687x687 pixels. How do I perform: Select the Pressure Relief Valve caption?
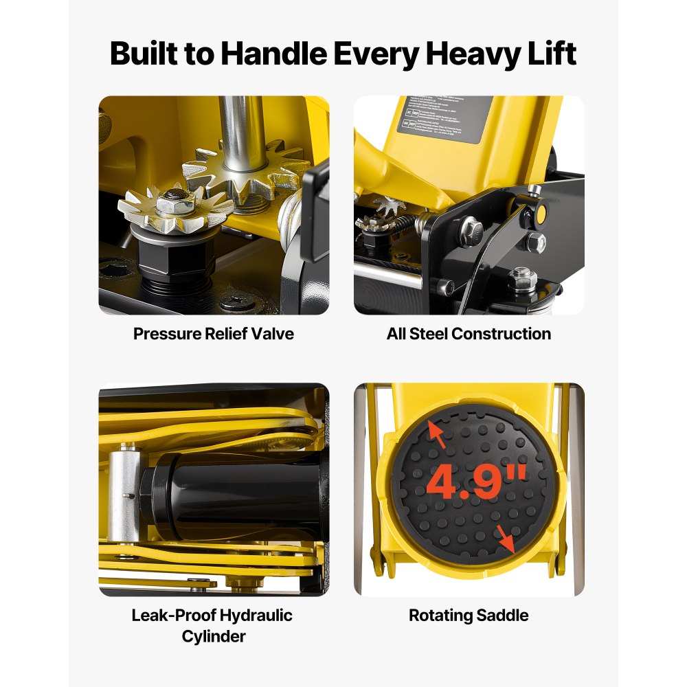pyautogui.click(x=214, y=334)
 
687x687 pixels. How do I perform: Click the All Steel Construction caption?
pyautogui.click(x=469, y=334)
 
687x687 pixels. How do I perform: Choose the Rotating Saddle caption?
pyautogui.click(x=469, y=615)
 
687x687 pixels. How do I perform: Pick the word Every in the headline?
pyautogui.click(x=374, y=54)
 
